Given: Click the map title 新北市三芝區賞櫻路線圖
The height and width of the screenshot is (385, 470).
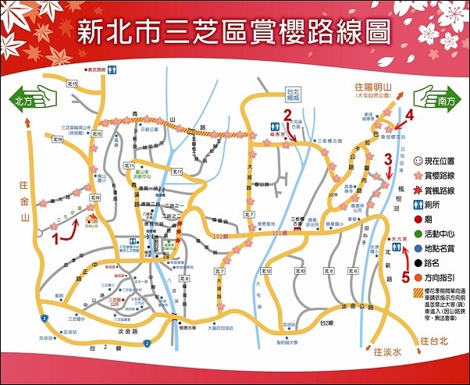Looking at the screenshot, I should pyautogui.click(x=235, y=32).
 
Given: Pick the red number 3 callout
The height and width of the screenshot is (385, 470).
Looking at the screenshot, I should pyautogui.click(x=387, y=159).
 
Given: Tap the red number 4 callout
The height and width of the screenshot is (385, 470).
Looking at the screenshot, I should pyautogui.click(x=409, y=116).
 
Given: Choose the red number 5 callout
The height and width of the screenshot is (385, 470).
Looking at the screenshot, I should pyautogui.click(x=404, y=275).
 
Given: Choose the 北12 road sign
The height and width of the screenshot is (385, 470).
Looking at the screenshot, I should pyautogui.click(x=265, y=271).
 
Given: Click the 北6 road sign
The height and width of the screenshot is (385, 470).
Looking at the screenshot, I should pyautogui.click(x=353, y=271).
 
